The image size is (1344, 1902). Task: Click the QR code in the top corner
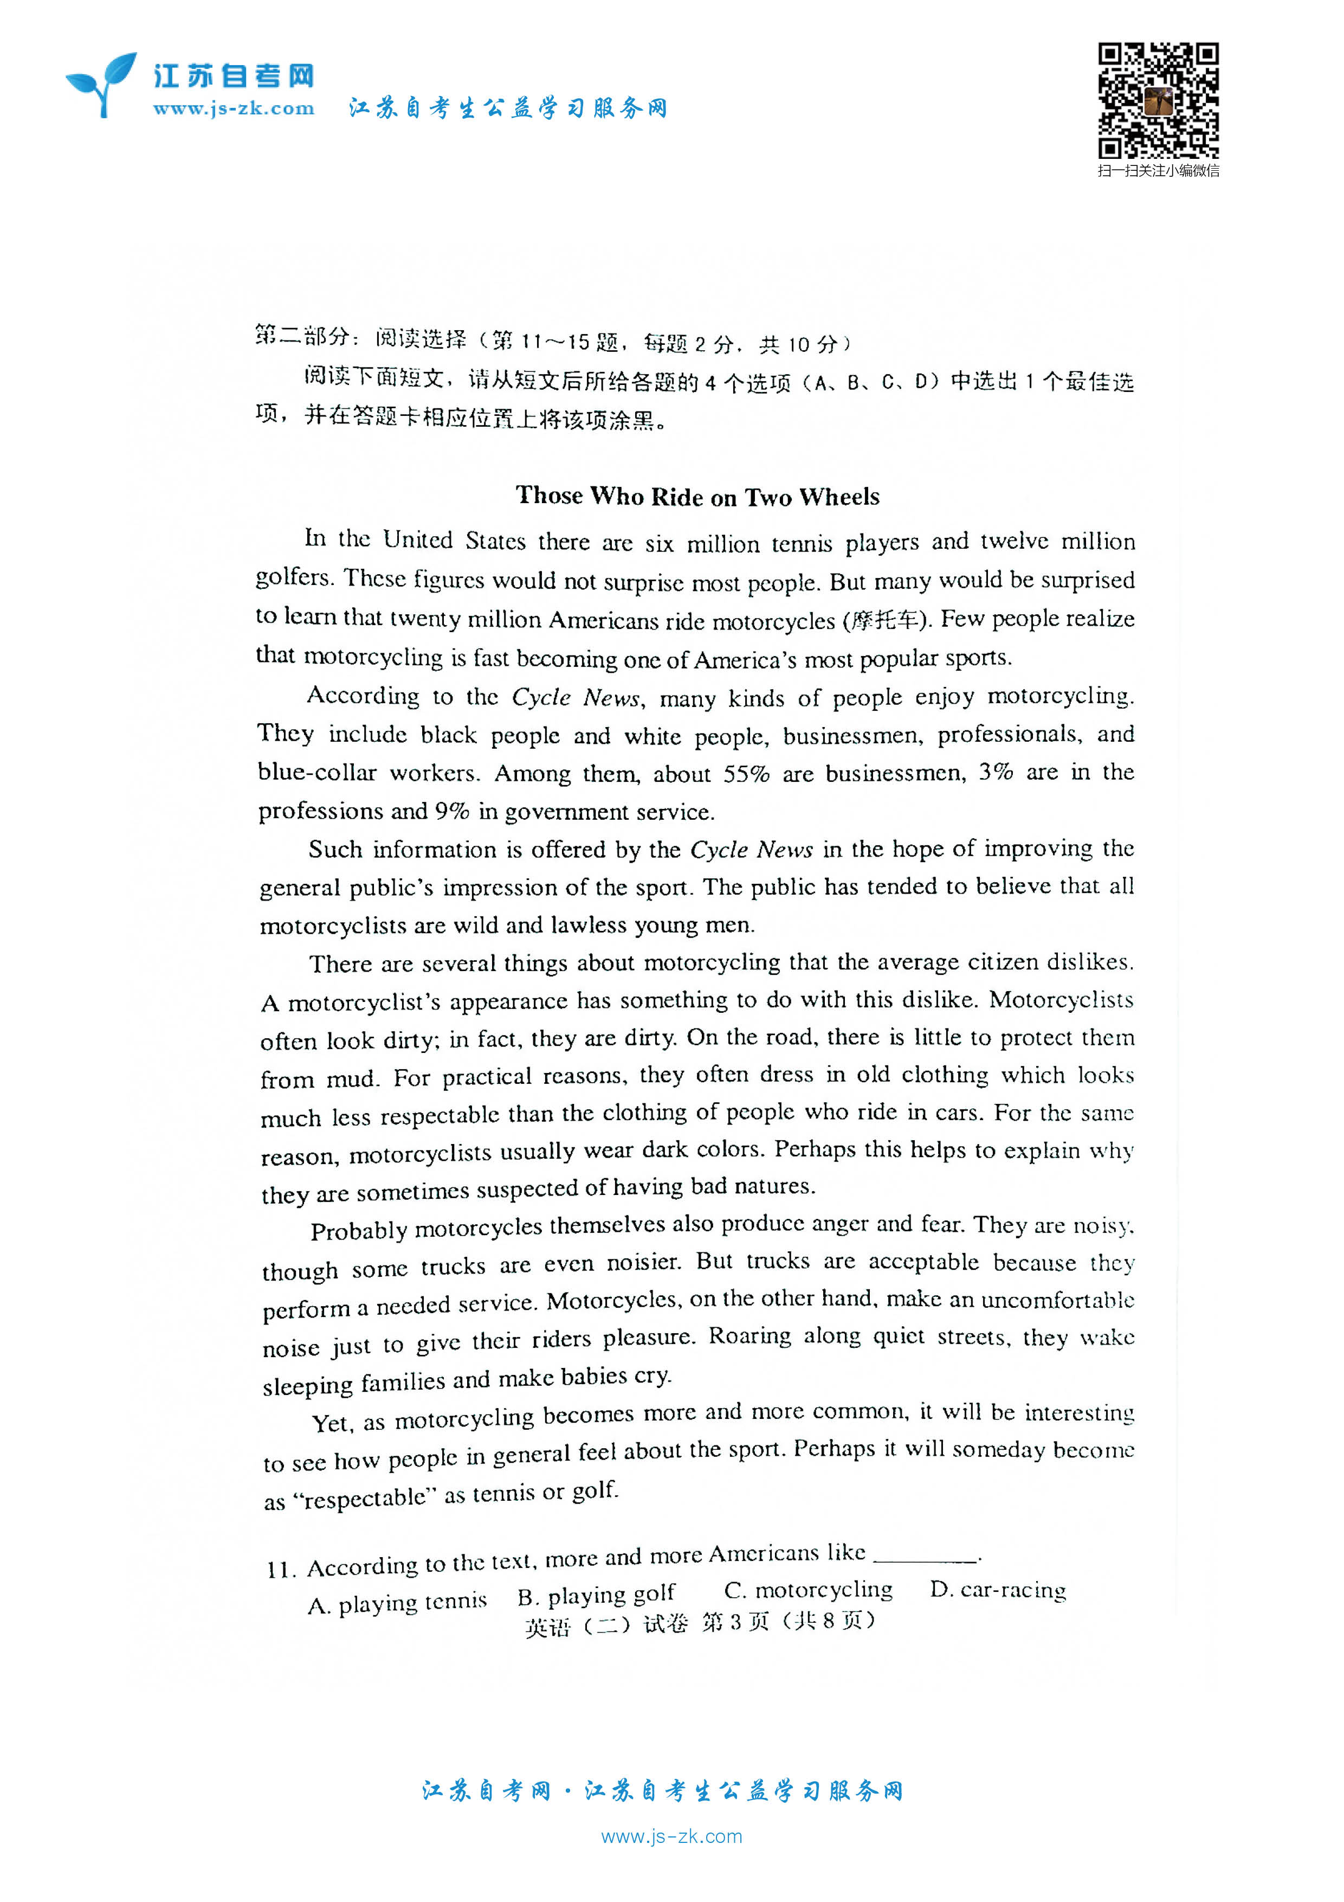pyautogui.click(x=1158, y=100)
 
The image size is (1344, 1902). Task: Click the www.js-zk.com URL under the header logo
pyautogui.click(x=234, y=108)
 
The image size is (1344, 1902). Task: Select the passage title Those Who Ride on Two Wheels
pyautogui.click(x=697, y=496)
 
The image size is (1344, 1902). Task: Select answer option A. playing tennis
pyautogui.click(x=397, y=1603)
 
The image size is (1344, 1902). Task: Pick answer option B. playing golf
pyautogui.click(x=596, y=1595)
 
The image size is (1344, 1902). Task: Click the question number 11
pyautogui.click(x=280, y=1570)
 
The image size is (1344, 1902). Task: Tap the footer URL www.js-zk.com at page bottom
pyautogui.click(x=671, y=1836)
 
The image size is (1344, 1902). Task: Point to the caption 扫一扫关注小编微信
pyautogui.click(x=1158, y=171)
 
